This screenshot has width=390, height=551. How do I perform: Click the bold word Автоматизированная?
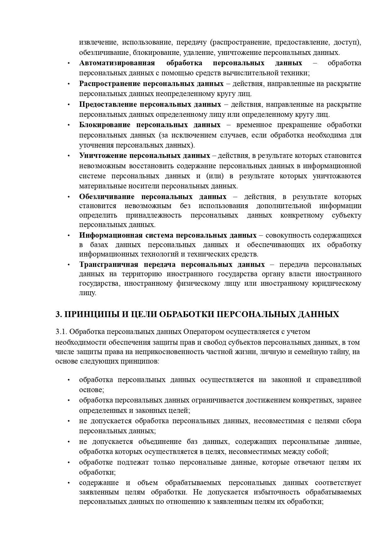[x=117, y=63]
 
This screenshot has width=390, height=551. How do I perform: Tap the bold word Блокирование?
[x=105, y=125]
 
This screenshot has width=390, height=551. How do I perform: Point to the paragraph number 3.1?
[x=61, y=332]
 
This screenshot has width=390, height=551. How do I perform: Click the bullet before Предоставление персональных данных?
[x=68, y=105]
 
